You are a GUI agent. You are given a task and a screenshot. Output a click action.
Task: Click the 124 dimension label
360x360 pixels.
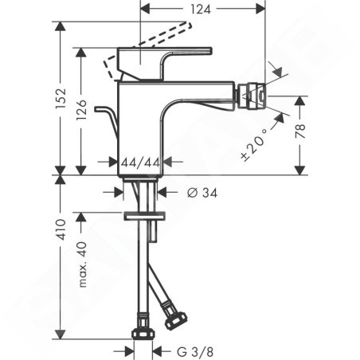coord(201,10)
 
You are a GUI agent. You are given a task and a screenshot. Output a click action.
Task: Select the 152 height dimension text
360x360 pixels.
coord(61,98)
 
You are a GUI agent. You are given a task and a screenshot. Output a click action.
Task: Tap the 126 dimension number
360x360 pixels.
coord(81,110)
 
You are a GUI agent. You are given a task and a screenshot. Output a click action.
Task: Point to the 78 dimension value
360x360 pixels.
coord(300,131)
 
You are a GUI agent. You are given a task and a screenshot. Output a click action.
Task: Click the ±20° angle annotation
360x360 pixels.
coord(254,144)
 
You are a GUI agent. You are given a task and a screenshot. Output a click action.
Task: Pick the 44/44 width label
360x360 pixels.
coord(140,162)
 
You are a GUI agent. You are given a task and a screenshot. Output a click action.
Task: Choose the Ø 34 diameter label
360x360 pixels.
coord(202,193)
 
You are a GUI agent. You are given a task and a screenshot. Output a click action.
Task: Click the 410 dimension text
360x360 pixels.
coord(61,230)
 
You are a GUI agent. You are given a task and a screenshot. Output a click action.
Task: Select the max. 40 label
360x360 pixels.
coord(83,264)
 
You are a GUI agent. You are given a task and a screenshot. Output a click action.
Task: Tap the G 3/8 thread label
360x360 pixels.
coord(195,352)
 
